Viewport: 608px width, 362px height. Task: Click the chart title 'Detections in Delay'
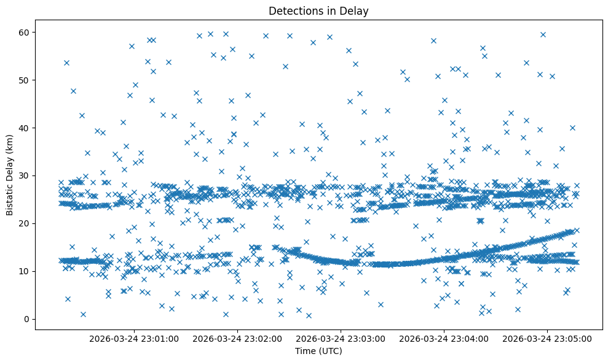click(x=318, y=10)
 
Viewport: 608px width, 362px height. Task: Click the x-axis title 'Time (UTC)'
click(x=318, y=351)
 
